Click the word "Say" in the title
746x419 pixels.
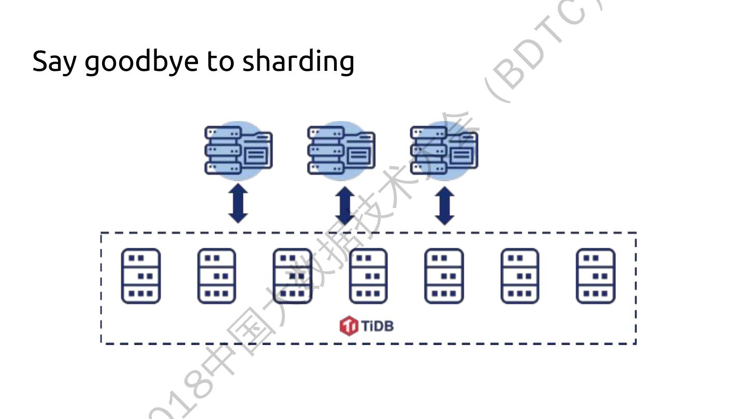coord(54,62)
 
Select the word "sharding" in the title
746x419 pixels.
coord(298,62)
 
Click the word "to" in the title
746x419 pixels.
coord(220,62)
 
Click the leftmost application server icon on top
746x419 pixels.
coord(238,150)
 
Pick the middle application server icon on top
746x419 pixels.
coord(341,150)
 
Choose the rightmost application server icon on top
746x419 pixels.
coord(444,150)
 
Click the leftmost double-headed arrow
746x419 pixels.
coord(238,204)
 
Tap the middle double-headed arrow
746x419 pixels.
coord(345,205)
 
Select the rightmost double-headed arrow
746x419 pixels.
coord(444,205)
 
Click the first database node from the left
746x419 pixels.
coord(141,276)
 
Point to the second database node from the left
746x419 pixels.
coord(217,276)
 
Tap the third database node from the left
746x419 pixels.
coord(292,276)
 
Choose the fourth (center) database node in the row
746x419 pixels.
coord(368,276)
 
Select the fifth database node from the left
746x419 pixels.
coord(444,276)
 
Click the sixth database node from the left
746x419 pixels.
coord(520,276)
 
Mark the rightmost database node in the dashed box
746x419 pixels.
coord(596,276)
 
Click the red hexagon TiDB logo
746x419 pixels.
coord(349,326)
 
